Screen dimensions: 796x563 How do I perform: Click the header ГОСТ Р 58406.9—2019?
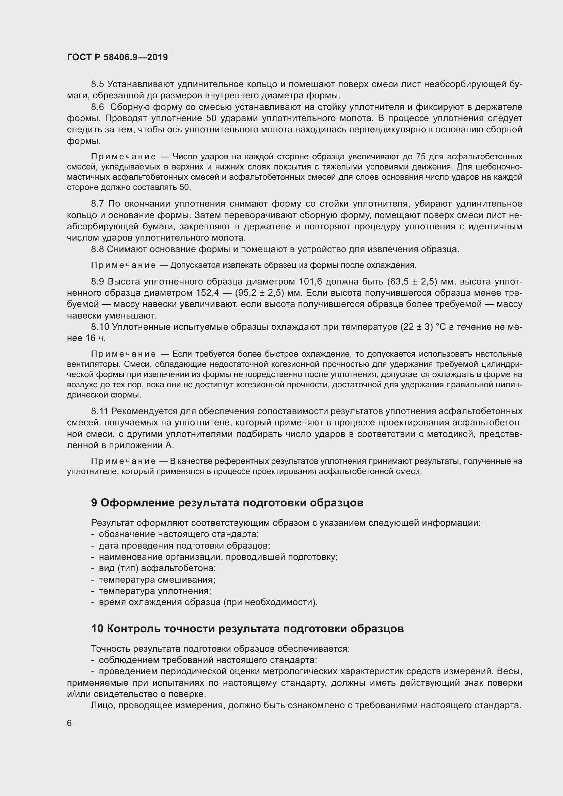[117, 58]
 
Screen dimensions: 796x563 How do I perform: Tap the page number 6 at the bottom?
[69, 723]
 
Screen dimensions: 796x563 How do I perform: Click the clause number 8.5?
[97, 84]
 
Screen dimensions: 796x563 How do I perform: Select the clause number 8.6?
[97, 107]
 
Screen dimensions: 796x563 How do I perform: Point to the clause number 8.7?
[97, 204]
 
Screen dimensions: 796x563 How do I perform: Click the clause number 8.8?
[97, 249]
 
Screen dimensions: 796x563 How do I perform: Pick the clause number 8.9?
[97, 281]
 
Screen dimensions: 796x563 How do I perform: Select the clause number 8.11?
[100, 411]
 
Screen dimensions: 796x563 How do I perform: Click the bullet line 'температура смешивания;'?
[157, 580]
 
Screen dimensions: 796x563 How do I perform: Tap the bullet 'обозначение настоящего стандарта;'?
[179, 534]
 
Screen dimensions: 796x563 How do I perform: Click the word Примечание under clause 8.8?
[124, 265]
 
